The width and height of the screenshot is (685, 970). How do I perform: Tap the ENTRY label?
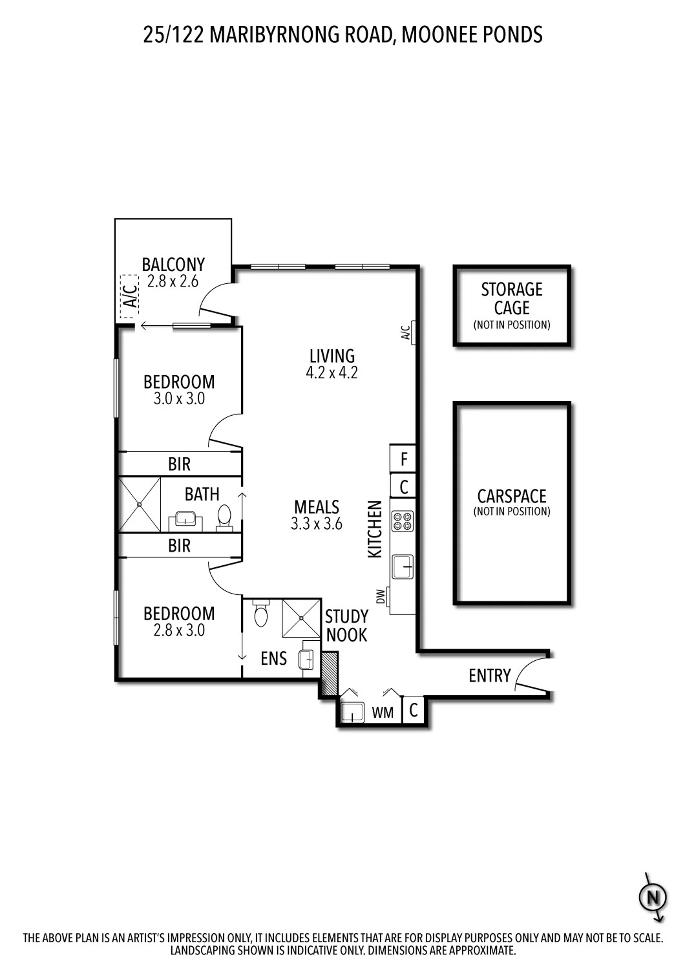pos(489,676)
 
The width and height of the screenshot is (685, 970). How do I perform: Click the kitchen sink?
pos(403,566)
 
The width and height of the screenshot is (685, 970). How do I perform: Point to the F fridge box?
pos(403,458)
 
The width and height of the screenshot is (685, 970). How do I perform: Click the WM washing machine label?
pos(383,713)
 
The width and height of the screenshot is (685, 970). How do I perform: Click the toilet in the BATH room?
pos(224,518)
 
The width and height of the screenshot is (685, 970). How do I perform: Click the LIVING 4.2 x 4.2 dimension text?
pos(332,372)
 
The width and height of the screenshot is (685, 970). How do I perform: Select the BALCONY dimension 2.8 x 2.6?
pos(173,281)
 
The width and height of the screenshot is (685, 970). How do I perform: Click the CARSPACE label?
pos(512,496)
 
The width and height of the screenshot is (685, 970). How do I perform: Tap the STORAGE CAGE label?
pos(512,299)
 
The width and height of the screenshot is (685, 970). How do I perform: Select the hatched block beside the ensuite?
pos(329,674)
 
